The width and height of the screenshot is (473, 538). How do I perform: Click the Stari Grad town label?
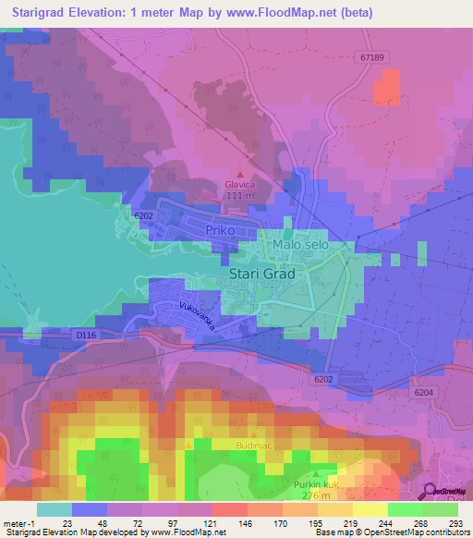[263, 275]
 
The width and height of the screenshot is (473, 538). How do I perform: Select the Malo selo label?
[312, 245]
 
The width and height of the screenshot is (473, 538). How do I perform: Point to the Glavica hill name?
[241, 184]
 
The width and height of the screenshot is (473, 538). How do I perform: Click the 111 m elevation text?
[241, 196]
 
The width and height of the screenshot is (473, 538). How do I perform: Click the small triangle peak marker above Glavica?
[241, 173]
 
